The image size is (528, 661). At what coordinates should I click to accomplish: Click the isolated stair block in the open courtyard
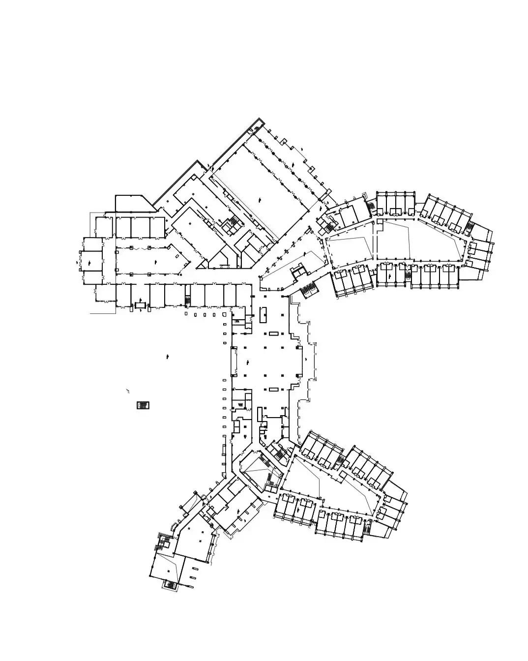point(143,405)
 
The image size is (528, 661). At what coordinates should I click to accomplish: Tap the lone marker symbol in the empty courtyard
point(169,356)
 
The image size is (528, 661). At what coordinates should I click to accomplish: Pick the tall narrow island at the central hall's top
point(263,315)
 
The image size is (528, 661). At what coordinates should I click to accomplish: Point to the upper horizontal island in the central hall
point(274,334)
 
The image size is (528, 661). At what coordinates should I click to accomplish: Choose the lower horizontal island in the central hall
point(274,390)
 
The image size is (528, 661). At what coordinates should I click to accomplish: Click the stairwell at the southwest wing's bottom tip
point(170,584)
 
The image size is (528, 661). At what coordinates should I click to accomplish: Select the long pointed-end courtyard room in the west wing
point(147,259)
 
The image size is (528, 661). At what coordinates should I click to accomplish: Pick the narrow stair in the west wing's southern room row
point(187,300)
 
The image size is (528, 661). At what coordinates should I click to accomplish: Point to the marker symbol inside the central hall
point(305,360)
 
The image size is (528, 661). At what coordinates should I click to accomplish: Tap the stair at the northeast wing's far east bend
point(469,228)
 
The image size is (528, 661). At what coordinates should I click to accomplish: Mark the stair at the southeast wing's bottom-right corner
point(368,529)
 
